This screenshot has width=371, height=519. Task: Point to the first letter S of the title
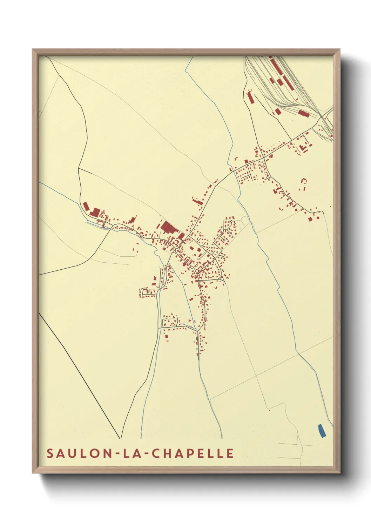coord(50,453)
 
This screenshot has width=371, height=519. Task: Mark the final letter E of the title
coord(230,453)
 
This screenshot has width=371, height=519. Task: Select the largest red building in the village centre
coord(168,228)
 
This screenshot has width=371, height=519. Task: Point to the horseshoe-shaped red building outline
coord(304,181)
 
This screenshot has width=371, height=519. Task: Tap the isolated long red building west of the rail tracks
coord(250,97)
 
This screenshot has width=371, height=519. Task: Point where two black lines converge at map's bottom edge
coord(121,438)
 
